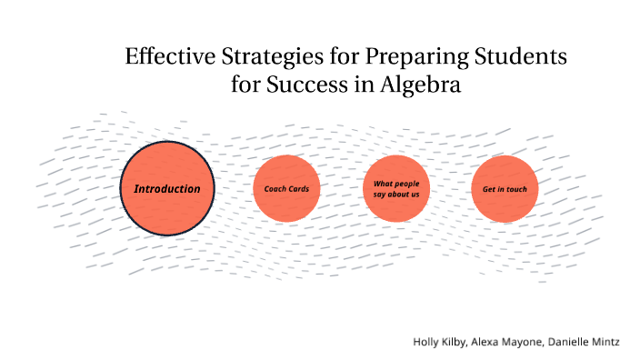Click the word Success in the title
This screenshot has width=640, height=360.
click(x=313, y=87)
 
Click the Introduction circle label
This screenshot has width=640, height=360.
click(x=167, y=189)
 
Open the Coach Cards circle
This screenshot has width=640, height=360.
click(x=286, y=189)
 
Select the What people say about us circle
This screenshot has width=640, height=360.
click(x=395, y=189)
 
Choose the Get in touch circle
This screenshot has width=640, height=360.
click(x=505, y=189)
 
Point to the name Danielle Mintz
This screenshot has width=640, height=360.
click(x=592, y=342)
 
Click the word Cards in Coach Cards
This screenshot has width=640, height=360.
click(x=299, y=189)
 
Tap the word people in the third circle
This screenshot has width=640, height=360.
click(x=405, y=184)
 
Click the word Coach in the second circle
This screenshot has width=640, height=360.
click(x=275, y=189)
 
